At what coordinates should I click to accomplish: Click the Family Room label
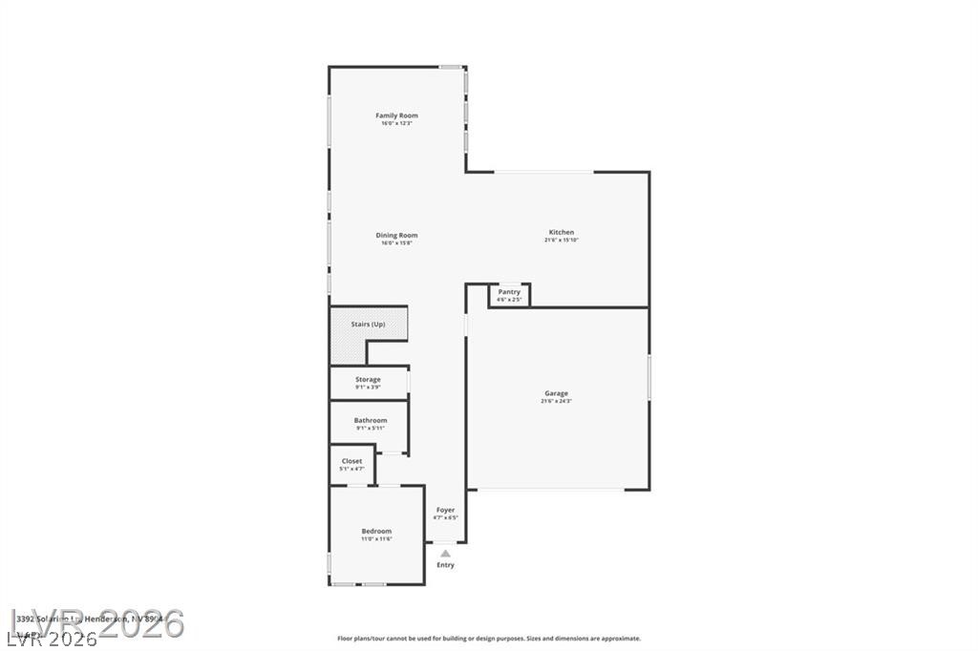(x=396, y=115)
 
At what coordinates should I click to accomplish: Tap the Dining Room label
(x=396, y=235)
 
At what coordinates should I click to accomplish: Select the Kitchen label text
(x=561, y=232)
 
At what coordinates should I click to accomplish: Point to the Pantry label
(x=509, y=291)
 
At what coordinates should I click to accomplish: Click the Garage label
(x=556, y=393)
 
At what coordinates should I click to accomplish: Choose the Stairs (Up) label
(x=368, y=325)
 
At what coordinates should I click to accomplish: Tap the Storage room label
(x=368, y=379)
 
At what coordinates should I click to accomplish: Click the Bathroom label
(x=370, y=420)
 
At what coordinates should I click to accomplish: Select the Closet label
(x=351, y=461)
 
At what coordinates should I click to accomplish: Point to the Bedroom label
(x=376, y=531)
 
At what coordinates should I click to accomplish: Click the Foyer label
(x=445, y=510)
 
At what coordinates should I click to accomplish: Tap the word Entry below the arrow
(x=445, y=565)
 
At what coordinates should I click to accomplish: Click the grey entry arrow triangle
(x=445, y=553)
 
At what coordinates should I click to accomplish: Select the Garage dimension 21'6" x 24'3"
(x=556, y=402)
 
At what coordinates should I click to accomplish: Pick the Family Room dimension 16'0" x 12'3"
(x=396, y=124)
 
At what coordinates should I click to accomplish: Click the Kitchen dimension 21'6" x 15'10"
(x=561, y=241)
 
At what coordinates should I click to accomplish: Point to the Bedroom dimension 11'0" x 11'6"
(x=376, y=539)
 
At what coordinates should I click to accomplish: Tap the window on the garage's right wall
(x=649, y=377)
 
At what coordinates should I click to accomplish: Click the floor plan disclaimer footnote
(x=488, y=639)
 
